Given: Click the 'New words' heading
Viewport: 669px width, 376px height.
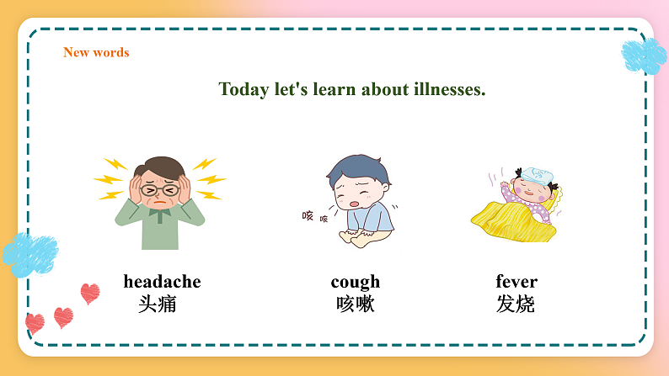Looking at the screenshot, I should (x=96, y=52).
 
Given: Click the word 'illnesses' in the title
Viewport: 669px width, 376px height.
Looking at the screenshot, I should (x=448, y=89).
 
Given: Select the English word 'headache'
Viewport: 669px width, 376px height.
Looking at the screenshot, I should (x=162, y=282).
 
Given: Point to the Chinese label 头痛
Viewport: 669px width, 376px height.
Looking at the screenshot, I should (x=158, y=304).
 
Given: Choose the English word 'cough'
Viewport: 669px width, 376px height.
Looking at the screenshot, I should (x=355, y=282).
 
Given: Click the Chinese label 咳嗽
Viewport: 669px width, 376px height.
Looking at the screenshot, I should (x=355, y=304).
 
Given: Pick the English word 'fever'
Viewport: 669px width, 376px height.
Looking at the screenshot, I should (x=516, y=282).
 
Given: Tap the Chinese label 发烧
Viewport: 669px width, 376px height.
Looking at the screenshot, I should (x=516, y=304).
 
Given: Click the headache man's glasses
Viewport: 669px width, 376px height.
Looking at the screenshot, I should (x=158, y=190).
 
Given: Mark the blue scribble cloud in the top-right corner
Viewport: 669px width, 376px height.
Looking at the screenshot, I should (x=644, y=56).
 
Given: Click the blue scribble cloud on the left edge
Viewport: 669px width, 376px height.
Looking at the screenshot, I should (x=29, y=252).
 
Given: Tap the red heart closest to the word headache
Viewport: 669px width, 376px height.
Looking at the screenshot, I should (x=89, y=294).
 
